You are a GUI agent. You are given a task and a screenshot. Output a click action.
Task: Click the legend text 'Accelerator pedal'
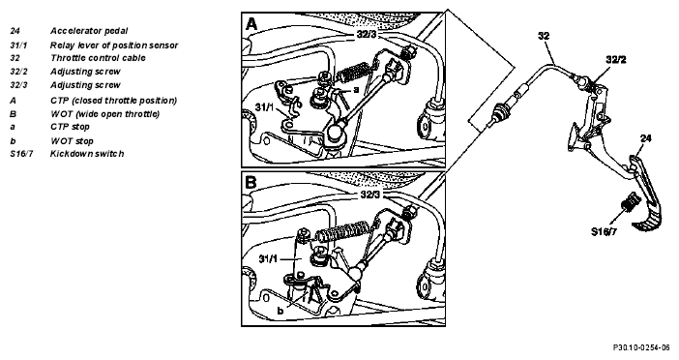point(89,31)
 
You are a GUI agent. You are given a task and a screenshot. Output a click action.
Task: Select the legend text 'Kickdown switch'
point(87,153)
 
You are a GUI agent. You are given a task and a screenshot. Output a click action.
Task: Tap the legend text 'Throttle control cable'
point(98,58)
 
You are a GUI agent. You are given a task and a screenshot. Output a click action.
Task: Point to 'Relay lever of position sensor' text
point(114,45)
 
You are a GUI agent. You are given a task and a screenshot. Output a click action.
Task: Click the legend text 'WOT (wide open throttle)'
point(104,114)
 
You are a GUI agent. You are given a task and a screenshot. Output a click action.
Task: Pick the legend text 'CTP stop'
point(70,127)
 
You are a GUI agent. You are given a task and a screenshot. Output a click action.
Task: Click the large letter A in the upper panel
point(251,24)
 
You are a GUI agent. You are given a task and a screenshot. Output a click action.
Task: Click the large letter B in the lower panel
point(251,182)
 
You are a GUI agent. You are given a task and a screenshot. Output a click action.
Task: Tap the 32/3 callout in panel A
point(367,35)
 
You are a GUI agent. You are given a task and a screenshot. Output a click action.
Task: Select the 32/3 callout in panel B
point(369,195)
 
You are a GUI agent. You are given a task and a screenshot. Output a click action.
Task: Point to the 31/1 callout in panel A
point(264,106)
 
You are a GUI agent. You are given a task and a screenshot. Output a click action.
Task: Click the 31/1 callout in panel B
point(268,259)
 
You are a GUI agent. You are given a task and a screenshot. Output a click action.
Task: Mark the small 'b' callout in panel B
point(280,311)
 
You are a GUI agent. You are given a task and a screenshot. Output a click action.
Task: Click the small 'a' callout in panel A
point(356,90)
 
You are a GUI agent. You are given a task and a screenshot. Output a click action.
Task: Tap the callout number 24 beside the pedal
point(646,138)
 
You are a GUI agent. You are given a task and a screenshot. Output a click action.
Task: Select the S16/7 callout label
point(604,231)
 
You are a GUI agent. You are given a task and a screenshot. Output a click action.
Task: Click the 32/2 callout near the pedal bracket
point(616,60)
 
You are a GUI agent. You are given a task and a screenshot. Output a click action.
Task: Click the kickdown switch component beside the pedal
point(629,202)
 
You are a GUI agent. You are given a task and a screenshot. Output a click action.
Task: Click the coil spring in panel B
point(344,231)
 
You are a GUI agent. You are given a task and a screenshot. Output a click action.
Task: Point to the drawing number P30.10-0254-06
point(641,347)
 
